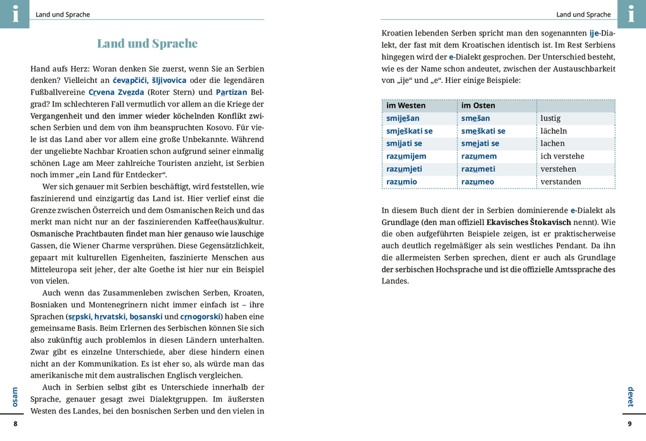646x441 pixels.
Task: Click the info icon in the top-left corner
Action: pyautogui.click(x=15, y=14)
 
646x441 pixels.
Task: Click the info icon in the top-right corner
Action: pyautogui.click(x=631, y=14)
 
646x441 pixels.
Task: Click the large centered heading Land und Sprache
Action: pyautogui.click(x=147, y=43)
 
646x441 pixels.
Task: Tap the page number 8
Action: pyautogui.click(x=16, y=423)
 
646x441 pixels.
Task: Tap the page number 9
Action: pyautogui.click(x=630, y=423)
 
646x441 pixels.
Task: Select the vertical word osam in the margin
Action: pyautogui.click(x=15, y=397)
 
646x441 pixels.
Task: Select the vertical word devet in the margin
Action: pyautogui.click(x=630, y=397)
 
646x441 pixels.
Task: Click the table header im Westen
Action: pyautogui.click(x=406, y=105)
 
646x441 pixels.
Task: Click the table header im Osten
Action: pyautogui.click(x=478, y=105)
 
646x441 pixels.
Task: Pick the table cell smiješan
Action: pyautogui.click(x=403, y=118)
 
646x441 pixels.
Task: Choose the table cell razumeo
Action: pyautogui.click(x=478, y=181)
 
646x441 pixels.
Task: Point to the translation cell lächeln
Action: pyautogui.click(x=554, y=131)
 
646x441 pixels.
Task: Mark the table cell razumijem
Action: pyautogui.click(x=406, y=156)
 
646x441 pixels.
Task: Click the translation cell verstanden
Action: pyautogui.click(x=560, y=181)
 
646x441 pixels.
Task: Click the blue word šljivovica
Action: pyautogui.click(x=169, y=80)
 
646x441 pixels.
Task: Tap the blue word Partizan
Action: pyautogui.click(x=232, y=92)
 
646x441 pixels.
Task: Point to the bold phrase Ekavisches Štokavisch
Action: pyautogui.click(x=528, y=222)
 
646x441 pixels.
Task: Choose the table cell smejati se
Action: pyautogui.click(x=480, y=143)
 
